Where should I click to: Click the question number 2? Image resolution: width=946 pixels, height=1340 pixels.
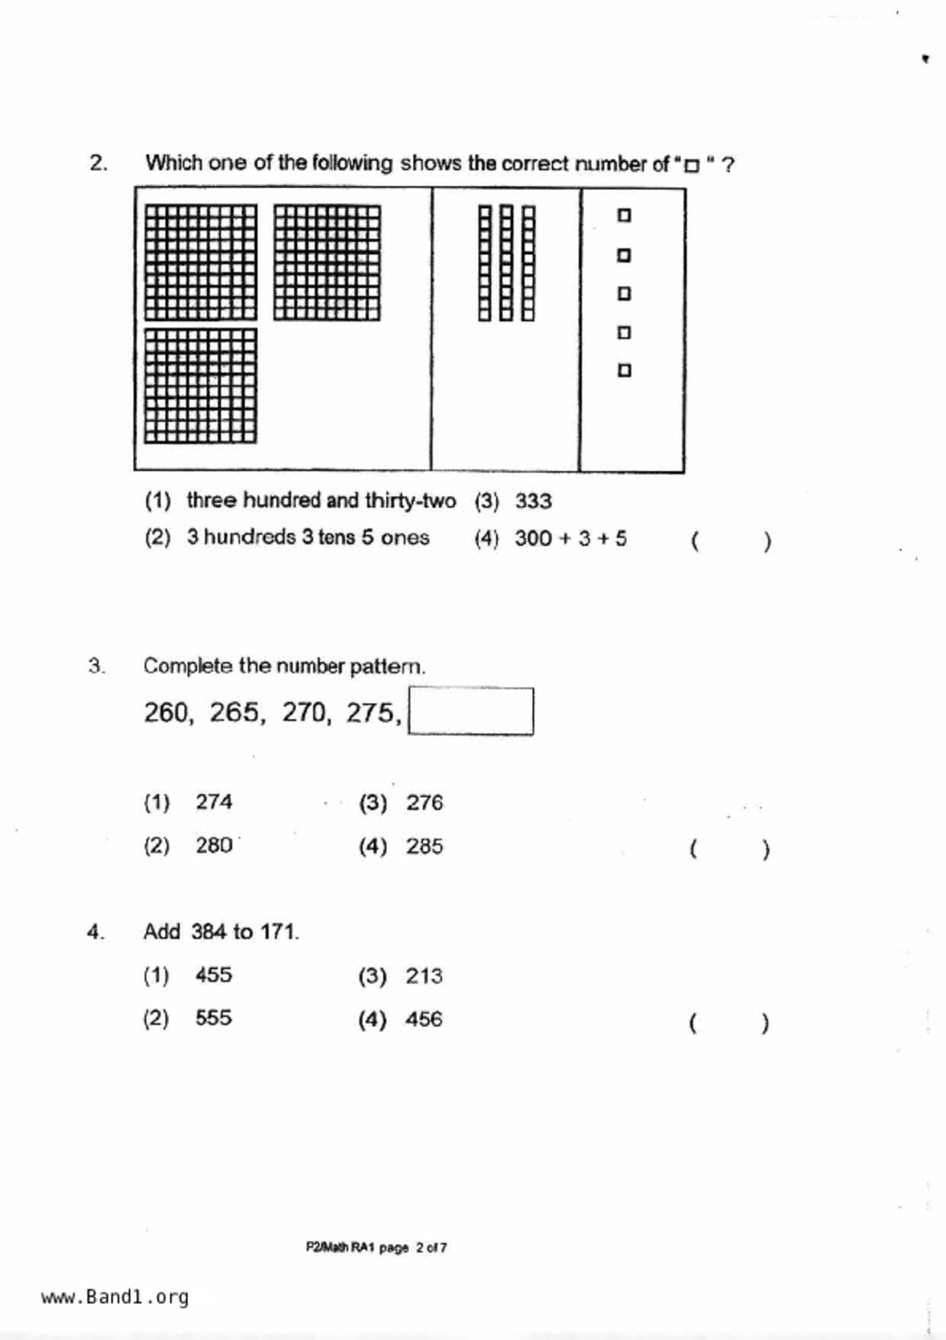pyautogui.click(x=98, y=163)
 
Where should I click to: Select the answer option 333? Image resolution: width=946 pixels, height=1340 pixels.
pyautogui.click(x=533, y=501)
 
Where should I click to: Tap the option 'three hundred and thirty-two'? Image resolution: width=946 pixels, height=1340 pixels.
pyautogui.click(x=321, y=500)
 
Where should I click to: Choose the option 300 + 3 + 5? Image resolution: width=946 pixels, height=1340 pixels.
pyautogui.click(x=570, y=539)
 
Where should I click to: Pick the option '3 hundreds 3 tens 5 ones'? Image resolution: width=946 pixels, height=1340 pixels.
pyautogui.click(x=308, y=537)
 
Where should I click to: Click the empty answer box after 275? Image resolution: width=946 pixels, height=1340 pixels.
pyautogui.click(x=471, y=711)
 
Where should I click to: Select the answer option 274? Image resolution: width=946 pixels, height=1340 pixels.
pyautogui.click(x=214, y=802)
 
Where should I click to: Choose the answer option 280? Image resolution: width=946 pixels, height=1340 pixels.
pyautogui.click(x=214, y=846)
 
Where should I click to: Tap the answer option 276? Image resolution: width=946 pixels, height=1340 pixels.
pyautogui.click(x=425, y=803)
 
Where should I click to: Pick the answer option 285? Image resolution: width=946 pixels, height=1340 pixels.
pyautogui.click(x=425, y=846)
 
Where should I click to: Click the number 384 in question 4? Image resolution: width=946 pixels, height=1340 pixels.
pyautogui.click(x=208, y=932)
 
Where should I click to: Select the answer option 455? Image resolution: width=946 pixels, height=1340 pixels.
pyautogui.click(x=214, y=976)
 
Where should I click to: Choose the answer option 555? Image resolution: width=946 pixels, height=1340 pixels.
pyautogui.click(x=214, y=1018)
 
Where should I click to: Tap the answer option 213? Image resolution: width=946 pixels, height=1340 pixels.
pyautogui.click(x=424, y=976)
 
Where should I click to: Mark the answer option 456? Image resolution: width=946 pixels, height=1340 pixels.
pyautogui.click(x=424, y=1019)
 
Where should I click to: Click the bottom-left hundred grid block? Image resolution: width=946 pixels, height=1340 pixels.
pyautogui.click(x=201, y=386)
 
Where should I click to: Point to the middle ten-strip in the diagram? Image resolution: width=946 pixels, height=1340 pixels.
pyautogui.click(x=506, y=263)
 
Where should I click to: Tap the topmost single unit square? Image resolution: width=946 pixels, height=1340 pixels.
pyautogui.click(x=624, y=215)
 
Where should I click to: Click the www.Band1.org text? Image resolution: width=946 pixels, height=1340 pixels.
pyautogui.click(x=115, y=1296)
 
